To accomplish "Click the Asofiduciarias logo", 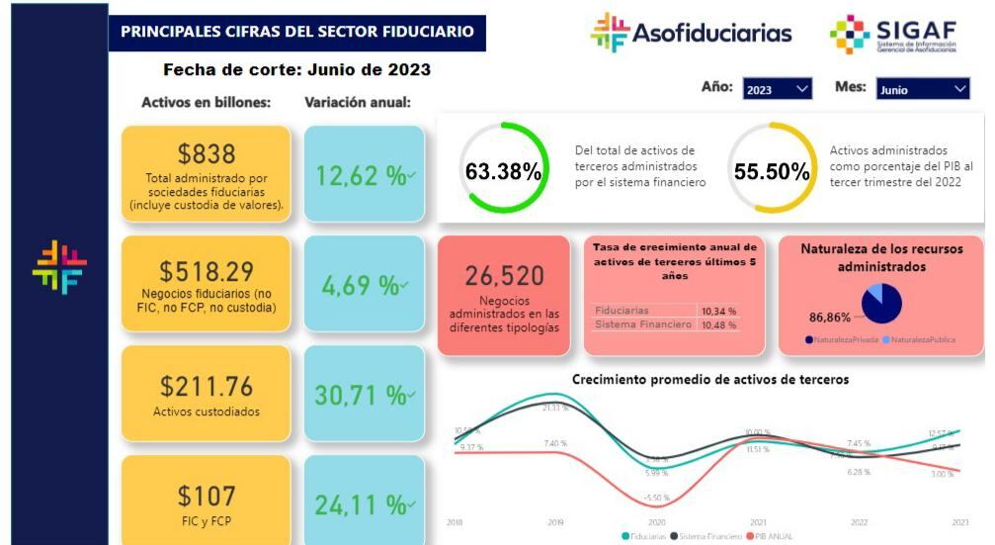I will (x=691, y=34).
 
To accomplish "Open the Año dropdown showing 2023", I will (x=777, y=90).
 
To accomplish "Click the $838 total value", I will (x=207, y=154).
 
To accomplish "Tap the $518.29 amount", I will (x=207, y=270).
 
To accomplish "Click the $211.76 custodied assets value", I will (x=207, y=386).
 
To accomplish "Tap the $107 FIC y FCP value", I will (x=207, y=494).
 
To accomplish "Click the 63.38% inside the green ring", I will (x=504, y=171).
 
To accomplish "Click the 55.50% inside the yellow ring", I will (x=772, y=171).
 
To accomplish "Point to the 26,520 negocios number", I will (x=504, y=274).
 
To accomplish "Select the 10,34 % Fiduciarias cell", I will (x=718, y=311).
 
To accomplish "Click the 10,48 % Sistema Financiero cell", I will (x=718, y=324).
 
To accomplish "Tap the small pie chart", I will (x=881, y=304).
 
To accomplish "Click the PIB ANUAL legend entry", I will (x=773, y=536).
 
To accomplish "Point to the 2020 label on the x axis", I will (x=657, y=521).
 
